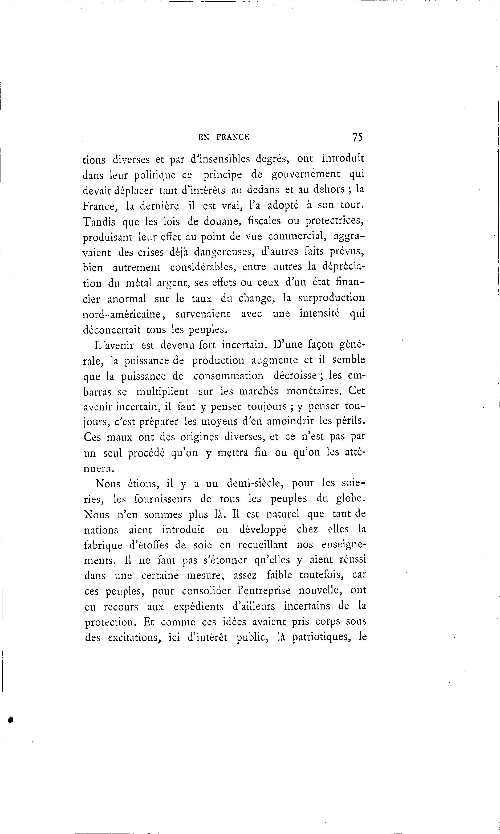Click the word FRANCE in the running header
click(x=233, y=137)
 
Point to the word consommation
click(x=229, y=376)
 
